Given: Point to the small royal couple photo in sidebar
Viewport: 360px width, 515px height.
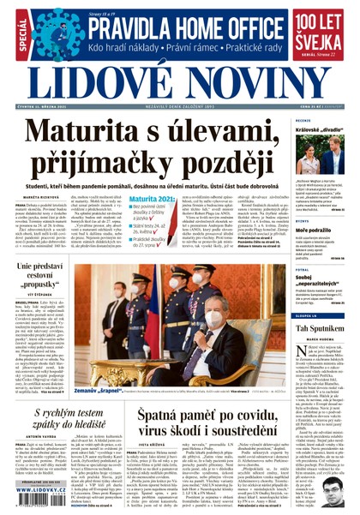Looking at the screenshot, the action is point(320,155).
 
